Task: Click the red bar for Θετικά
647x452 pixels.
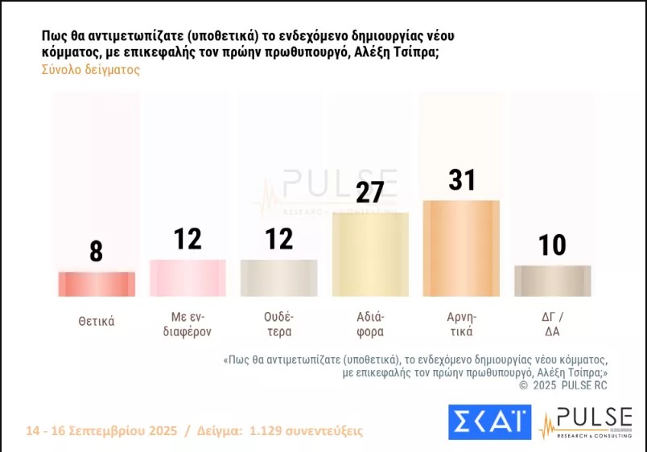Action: tap(97, 284)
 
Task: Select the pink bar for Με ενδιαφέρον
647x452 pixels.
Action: tap(188, 277)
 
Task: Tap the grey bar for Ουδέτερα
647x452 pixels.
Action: tap(279, 277)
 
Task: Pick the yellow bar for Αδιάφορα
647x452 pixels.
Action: tap(370, 254)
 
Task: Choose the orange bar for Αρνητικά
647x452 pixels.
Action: tap(462, 248)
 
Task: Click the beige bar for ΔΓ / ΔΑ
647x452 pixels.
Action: tap(553, 281)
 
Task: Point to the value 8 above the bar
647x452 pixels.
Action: tap(97, 252)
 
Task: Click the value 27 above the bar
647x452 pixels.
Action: tap(370, 192)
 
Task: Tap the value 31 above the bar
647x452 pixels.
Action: tap(462, 179)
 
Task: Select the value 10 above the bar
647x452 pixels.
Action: tap(553, 244)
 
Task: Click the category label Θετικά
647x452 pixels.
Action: tap(97, 321)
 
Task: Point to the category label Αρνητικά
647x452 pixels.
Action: tap(462, 323)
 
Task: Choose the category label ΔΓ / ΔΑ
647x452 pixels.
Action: tap(553, 323)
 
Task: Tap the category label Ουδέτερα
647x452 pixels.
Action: tap(279, 323)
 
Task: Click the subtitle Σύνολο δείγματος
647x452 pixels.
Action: tap(90, 70)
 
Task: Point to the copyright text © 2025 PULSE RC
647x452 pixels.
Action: tap(563, 385)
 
